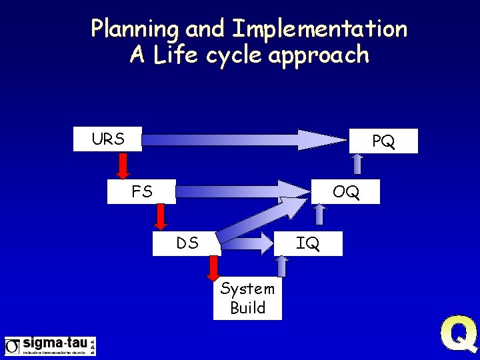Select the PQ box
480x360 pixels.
tap(383, 141)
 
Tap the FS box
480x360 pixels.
tap(142, 192)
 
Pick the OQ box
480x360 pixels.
tap(346, 192)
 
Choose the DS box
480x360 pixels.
tap(187, 243)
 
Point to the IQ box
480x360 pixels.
tap(309, 243)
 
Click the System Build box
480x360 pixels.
tap(247, 298)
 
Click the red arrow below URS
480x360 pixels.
tap(123, 165)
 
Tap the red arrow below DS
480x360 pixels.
tap(213, 268)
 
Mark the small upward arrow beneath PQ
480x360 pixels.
tap(358, 164)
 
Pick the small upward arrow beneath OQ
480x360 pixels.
tap(320, 214)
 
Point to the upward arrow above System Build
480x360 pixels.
tap(281, 266)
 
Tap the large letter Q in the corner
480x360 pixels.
tap(459, 335)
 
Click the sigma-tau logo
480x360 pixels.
tap(50, 346)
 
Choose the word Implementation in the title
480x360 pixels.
tap(319, 29)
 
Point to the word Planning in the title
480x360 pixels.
tap(136, 29)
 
